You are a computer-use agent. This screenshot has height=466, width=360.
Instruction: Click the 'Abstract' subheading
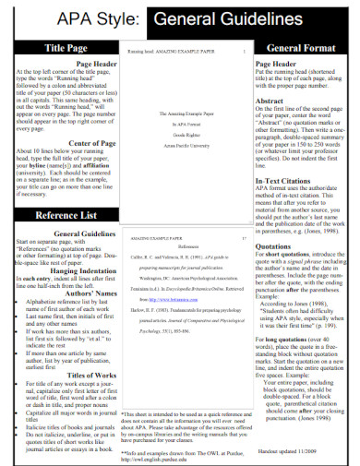coord(270,102)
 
